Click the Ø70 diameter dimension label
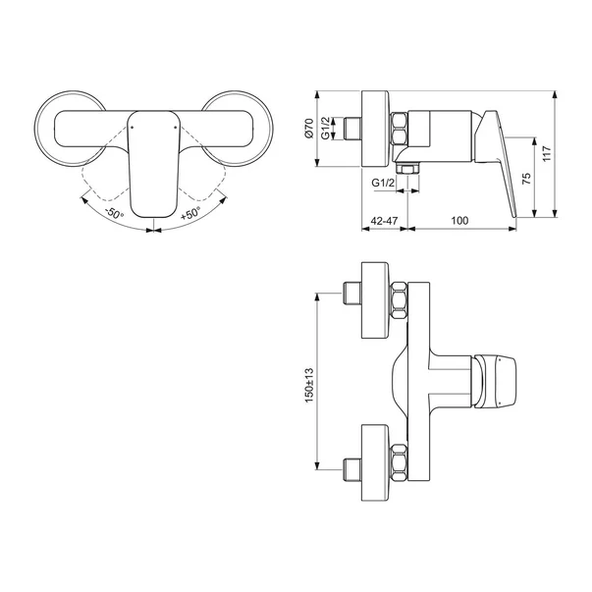(x=309, y=129)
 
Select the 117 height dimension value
(x=547, y=154)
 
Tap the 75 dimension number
(x=526, y=179)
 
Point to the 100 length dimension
(x=459, y=220)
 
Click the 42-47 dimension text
(x=384, y=220)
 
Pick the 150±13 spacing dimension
(x=309, y=385)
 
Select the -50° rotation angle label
(x=115, y=213)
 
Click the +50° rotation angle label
(x=190, y=213)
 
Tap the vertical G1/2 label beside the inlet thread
(x=326, y=129)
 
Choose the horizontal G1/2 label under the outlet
(x=383, y=183)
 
